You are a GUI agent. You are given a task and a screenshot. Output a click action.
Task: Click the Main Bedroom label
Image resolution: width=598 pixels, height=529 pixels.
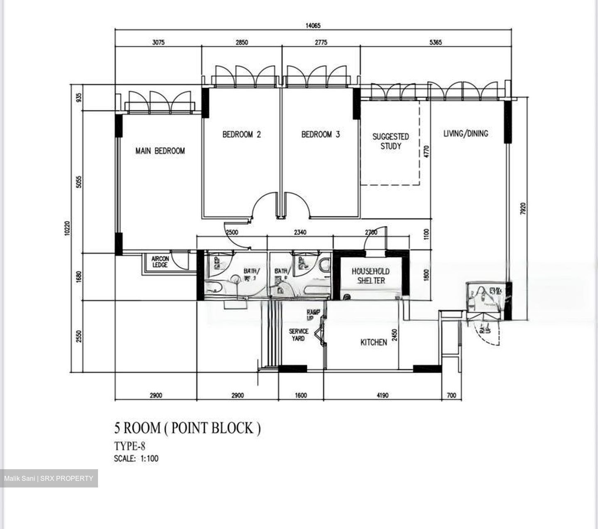160,151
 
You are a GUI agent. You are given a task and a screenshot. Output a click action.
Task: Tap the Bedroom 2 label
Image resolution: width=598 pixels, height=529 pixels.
242,135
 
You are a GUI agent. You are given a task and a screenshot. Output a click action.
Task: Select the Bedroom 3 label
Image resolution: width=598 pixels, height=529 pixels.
321,135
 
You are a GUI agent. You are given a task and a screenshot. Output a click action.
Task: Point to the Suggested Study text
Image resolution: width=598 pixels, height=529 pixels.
390,141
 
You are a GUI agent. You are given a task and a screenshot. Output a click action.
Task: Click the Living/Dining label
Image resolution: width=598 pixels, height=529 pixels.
466,133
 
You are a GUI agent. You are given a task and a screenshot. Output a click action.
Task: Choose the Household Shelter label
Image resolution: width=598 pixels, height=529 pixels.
371,276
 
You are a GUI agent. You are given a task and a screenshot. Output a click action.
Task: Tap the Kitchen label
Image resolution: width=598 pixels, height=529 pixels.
373,342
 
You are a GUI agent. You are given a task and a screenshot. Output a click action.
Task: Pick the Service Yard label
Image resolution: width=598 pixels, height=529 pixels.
299,335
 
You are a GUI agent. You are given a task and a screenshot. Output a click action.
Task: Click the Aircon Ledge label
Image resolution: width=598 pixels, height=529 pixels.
160,262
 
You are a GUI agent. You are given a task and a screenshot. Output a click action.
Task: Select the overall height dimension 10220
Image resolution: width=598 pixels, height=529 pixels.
68,229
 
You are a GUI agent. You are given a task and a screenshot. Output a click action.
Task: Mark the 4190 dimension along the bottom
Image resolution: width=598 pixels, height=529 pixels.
382,395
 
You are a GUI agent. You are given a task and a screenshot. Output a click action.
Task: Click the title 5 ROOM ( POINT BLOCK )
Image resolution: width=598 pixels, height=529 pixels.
187,428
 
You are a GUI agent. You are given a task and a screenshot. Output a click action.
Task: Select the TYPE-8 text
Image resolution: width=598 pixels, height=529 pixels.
130,446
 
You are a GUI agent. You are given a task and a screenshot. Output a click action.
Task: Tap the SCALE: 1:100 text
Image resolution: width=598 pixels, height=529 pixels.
136,459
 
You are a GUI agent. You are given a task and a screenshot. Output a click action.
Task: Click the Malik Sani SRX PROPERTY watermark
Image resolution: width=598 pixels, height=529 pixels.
49,478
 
